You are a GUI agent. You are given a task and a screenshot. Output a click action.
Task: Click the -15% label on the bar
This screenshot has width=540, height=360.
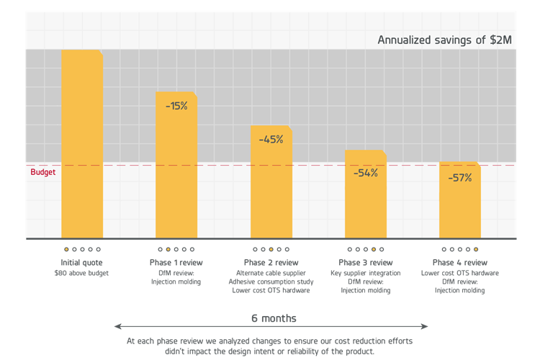point(176,106)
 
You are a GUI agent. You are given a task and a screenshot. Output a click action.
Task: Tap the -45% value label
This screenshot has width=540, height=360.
point(271,140)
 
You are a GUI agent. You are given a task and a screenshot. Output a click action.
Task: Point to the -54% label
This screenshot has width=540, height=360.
point(365,173)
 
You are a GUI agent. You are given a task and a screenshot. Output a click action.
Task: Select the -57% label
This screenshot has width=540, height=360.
point(460,178)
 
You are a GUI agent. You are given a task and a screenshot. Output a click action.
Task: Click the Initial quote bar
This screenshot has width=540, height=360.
point(82,144)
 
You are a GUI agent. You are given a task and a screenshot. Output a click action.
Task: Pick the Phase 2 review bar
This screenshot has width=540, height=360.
point(271,181)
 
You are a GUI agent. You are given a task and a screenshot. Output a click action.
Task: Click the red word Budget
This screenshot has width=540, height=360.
point(42,172)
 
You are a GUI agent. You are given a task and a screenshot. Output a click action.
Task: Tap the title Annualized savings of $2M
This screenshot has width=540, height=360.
point(445,40)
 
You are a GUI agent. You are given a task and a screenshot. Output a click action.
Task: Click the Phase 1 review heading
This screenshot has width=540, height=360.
point(176,263)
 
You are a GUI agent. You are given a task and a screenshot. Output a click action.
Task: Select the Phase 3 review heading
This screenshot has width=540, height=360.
point(365,263)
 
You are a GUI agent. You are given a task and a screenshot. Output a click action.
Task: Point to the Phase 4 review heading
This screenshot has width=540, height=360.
point(460,263)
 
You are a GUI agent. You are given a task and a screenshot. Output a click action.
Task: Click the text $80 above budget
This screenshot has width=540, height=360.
point(81,273)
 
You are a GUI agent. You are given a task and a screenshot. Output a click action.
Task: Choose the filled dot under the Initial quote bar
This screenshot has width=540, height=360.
point(66,249)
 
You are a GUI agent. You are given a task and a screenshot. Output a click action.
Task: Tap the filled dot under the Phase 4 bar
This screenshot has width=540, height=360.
point(476,249)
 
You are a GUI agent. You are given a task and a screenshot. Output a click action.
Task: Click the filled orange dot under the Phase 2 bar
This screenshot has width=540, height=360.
point(271,249)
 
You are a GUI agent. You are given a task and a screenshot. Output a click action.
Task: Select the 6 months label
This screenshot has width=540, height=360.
point(274,318)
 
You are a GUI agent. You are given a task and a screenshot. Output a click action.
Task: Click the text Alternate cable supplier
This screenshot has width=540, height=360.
point(271,273)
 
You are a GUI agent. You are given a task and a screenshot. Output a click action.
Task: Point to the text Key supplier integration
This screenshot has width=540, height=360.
point(365,273)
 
